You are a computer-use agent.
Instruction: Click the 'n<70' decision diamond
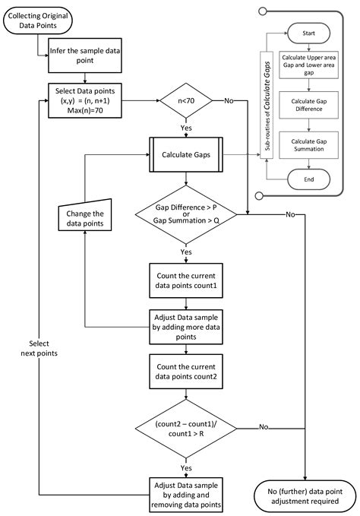(x=186, y=100)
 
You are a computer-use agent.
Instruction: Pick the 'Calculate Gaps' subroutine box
(x=186, y=155)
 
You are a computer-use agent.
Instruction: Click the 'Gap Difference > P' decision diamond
(x=186, y=215)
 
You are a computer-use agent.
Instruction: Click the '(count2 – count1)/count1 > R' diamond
(x=186, y=428)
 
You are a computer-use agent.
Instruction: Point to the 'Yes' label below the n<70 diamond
(x=186, y=129)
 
